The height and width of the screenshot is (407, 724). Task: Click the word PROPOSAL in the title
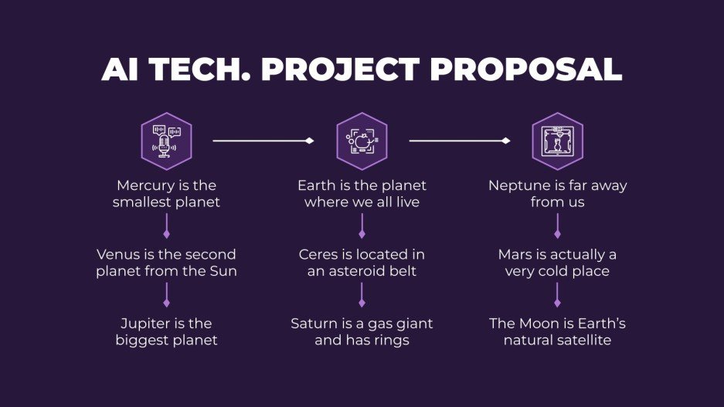point(525,70)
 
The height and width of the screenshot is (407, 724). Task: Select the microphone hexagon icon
point(166,141)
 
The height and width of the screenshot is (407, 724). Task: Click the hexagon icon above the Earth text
point(362,141)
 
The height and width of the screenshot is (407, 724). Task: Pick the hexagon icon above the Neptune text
point(557,141)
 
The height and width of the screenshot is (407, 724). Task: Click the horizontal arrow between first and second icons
point(263,141)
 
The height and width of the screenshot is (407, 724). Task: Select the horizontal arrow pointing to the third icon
point(459,141)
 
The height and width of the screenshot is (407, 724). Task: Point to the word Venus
point(117,254)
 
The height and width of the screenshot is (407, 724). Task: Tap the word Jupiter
point(147,323)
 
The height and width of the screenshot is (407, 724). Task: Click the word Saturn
point(314,323)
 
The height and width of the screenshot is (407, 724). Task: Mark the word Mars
point(516,254)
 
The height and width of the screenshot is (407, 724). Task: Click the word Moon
point(538,323)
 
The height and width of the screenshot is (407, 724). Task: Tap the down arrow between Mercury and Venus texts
point(166,227)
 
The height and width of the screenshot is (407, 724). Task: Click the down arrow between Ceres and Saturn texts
point(362,295)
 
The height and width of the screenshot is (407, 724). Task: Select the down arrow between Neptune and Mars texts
point(557,227)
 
